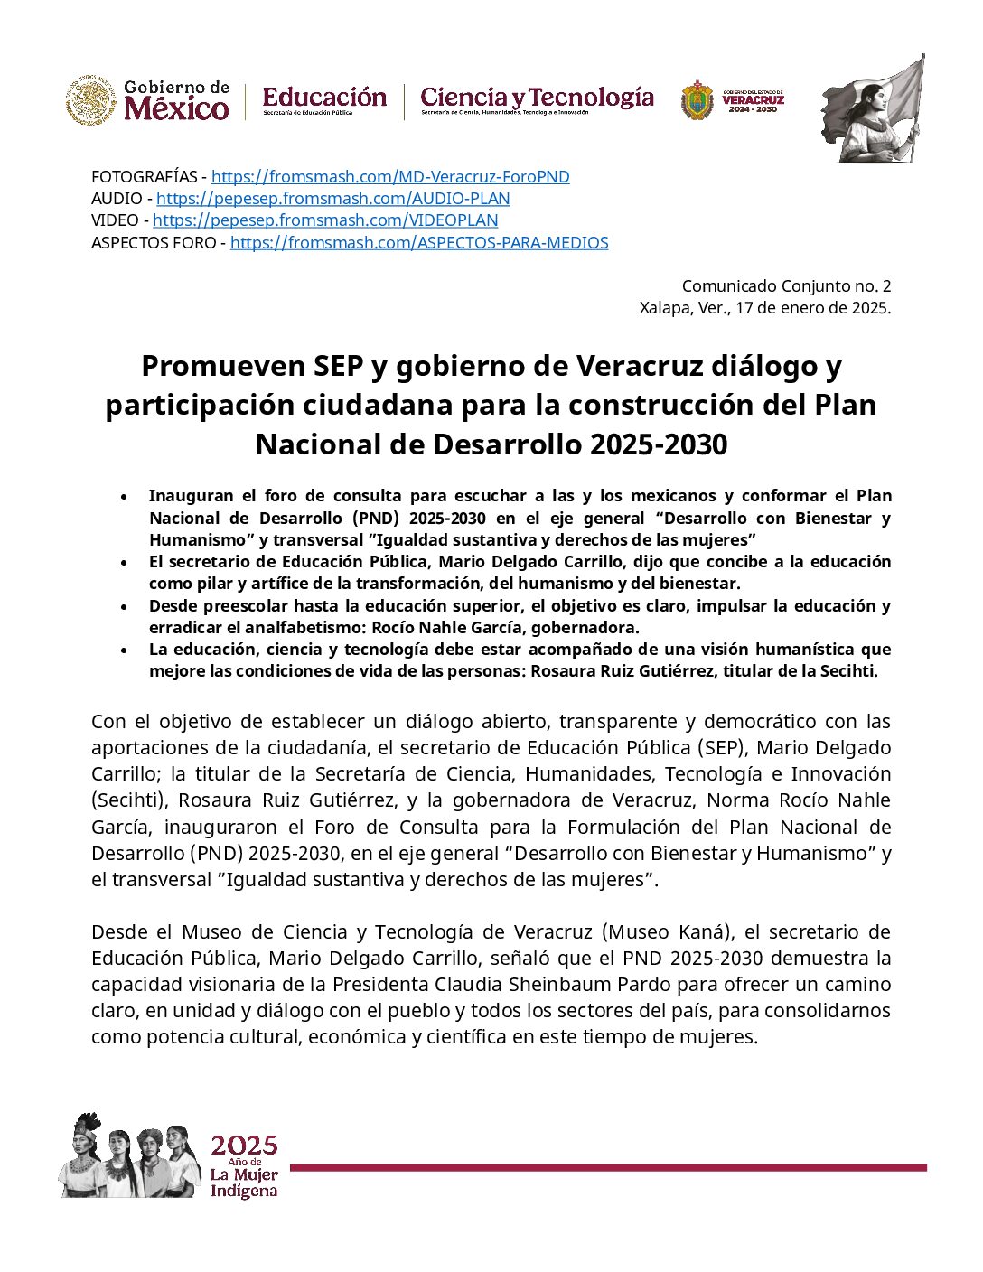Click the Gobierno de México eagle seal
point(90,100)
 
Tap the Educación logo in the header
point(324,99)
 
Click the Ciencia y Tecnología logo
point(537,99)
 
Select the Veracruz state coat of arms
point(697,100)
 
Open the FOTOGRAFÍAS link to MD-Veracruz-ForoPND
point(390,177)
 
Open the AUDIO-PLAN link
point(332,199)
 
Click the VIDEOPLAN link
point(325,220)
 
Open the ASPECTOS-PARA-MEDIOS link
point(419,243)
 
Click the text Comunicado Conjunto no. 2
point(786,286)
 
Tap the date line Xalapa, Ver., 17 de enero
point(764,308)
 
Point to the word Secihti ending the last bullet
point(849,671)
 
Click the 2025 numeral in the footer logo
point(244,1146)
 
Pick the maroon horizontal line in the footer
point(607,1168)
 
